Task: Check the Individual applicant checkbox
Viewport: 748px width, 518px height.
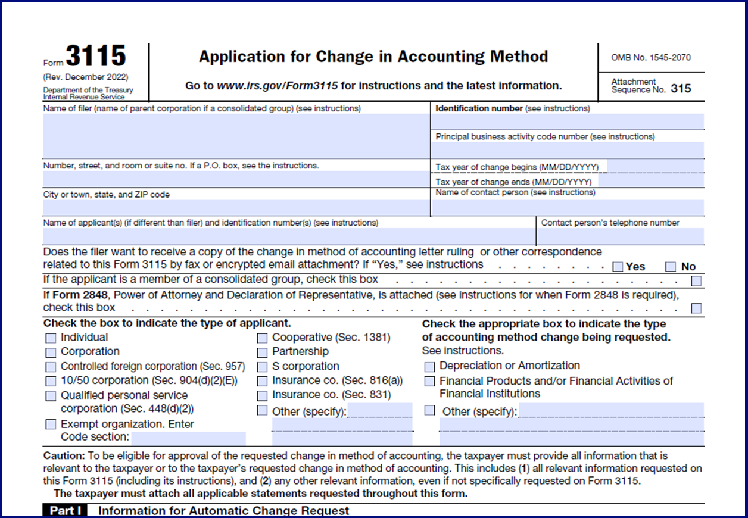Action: [x=51, y=338]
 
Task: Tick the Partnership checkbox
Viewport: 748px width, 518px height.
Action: [x=262, y=352]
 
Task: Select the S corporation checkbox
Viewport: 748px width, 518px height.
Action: [x=262, y=367]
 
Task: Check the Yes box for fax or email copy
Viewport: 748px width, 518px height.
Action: [x=618, y=267]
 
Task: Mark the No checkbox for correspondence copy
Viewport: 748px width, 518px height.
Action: [x=671, y=267]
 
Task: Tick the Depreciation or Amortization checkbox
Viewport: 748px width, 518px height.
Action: [x=429, y=367]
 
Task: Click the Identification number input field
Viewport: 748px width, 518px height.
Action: [x=567, y=121]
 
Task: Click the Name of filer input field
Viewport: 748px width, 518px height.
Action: [x=236, y=136]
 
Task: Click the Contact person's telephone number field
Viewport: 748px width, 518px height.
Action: [x=620, y=236]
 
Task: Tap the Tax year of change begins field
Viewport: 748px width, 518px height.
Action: [x=654, y=167]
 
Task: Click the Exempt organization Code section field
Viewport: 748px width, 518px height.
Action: [x=188, y=438]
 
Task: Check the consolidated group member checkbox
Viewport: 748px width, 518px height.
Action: [x=696, y=280]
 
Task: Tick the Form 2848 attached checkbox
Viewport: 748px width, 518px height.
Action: [x=696, y=308]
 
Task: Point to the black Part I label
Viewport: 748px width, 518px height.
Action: [x=66, y=511]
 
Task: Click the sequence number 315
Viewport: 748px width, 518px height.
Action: [x=681, y=89]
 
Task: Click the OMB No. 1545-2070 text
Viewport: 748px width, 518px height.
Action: [x=651, y=58]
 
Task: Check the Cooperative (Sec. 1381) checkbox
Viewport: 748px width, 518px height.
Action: [x=262, y=338]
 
